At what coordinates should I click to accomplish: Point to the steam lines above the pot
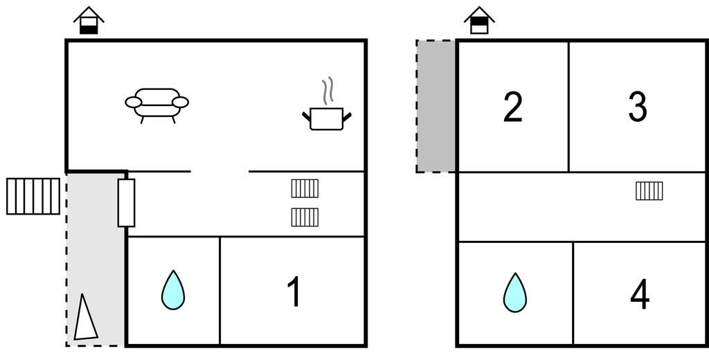[x=328, y=91]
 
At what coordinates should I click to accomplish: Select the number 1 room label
[x=294, y=291]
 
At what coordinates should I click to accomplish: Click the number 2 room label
[x=513, y=107]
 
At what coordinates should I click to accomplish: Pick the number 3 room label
[x=638, y=107]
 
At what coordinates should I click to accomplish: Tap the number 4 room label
[x=640, y=294]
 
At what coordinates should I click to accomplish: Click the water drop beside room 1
[x=173, y=290]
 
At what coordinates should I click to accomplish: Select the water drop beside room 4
[x=515, y=292]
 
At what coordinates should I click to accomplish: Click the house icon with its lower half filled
[x=89, y=20]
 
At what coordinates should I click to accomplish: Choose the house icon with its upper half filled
[x=479, y=20]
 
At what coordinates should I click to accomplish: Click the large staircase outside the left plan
[x=33, y=197]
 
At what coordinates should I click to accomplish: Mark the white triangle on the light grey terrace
[x=85, y=318]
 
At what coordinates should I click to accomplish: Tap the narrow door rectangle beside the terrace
[x=126, y=203]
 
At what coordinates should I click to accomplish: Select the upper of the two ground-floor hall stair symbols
[x=305, y=188]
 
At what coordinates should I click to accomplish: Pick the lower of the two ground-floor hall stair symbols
[x=305, y=217]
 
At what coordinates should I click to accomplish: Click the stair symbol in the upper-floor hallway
[x=649, y=191]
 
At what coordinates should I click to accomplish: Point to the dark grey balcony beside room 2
[x=436, y=107]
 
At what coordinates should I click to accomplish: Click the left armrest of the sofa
[x=134, y=102]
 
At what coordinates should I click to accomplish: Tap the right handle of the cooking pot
[x=347, y=117]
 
